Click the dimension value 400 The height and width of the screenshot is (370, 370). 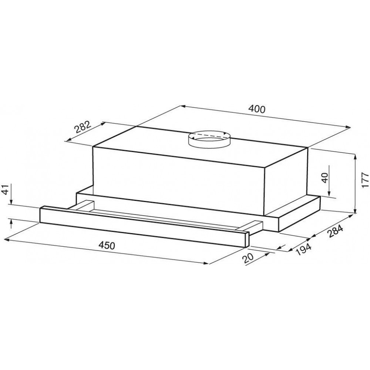click(x=257, y=109)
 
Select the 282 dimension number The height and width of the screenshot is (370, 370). click(x=83, y=127)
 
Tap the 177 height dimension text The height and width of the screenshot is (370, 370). click(x=365, y=180)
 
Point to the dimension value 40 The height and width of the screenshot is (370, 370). click(x=325, y=178)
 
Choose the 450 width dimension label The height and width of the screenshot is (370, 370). click(x=107, y=246)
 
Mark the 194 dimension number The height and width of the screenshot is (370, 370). click(x=304, y=249)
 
